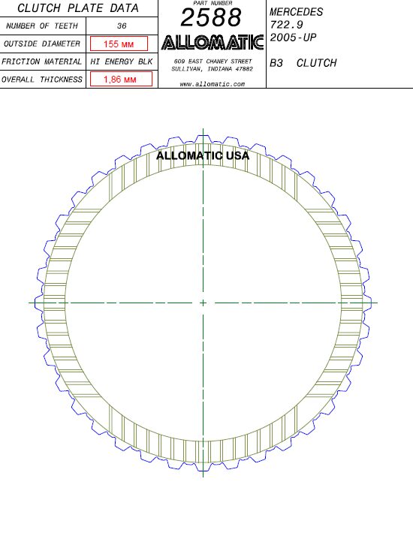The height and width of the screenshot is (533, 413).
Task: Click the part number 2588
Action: pyautogui.click(x=211, y=17)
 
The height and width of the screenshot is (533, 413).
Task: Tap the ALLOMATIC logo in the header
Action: pyautogui.click(x=213, y=43)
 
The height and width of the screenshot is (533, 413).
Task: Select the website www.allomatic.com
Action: pyautogui.click(x=212, y=84)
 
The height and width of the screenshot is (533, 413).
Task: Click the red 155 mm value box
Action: pyautogui.click(x=119, y=44)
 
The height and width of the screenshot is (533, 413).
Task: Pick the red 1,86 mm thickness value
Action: pyautogui.click(x=121, y=80)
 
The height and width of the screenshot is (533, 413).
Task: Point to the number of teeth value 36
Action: pyautogui.click(x=122, y=26)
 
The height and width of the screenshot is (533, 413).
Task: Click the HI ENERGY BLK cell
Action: pyautogui.click(x=122, y=62)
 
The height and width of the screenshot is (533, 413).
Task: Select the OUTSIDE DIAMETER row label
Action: pyautogui.click(x=42, y=44)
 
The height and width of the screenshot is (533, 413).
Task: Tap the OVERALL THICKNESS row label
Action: pyautogui.click(x=42, y=80)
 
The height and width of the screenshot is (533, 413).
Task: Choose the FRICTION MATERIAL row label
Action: pyautogui.click(x=41, y=62)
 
